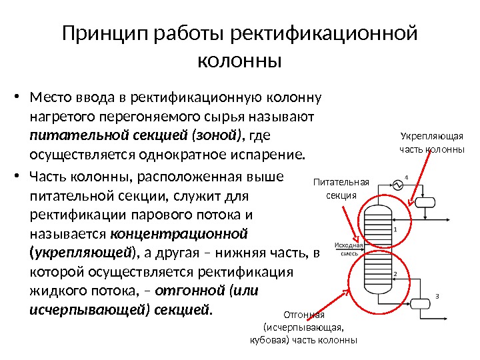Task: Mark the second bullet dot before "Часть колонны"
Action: tap(19, 177)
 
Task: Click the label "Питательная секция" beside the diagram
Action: tap(341, 188)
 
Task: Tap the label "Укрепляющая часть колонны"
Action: tap(431, 143)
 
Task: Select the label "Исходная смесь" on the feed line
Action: tap(346, 249)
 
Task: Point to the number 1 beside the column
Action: tap(395, 229)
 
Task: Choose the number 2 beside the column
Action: tap(395, 275)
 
